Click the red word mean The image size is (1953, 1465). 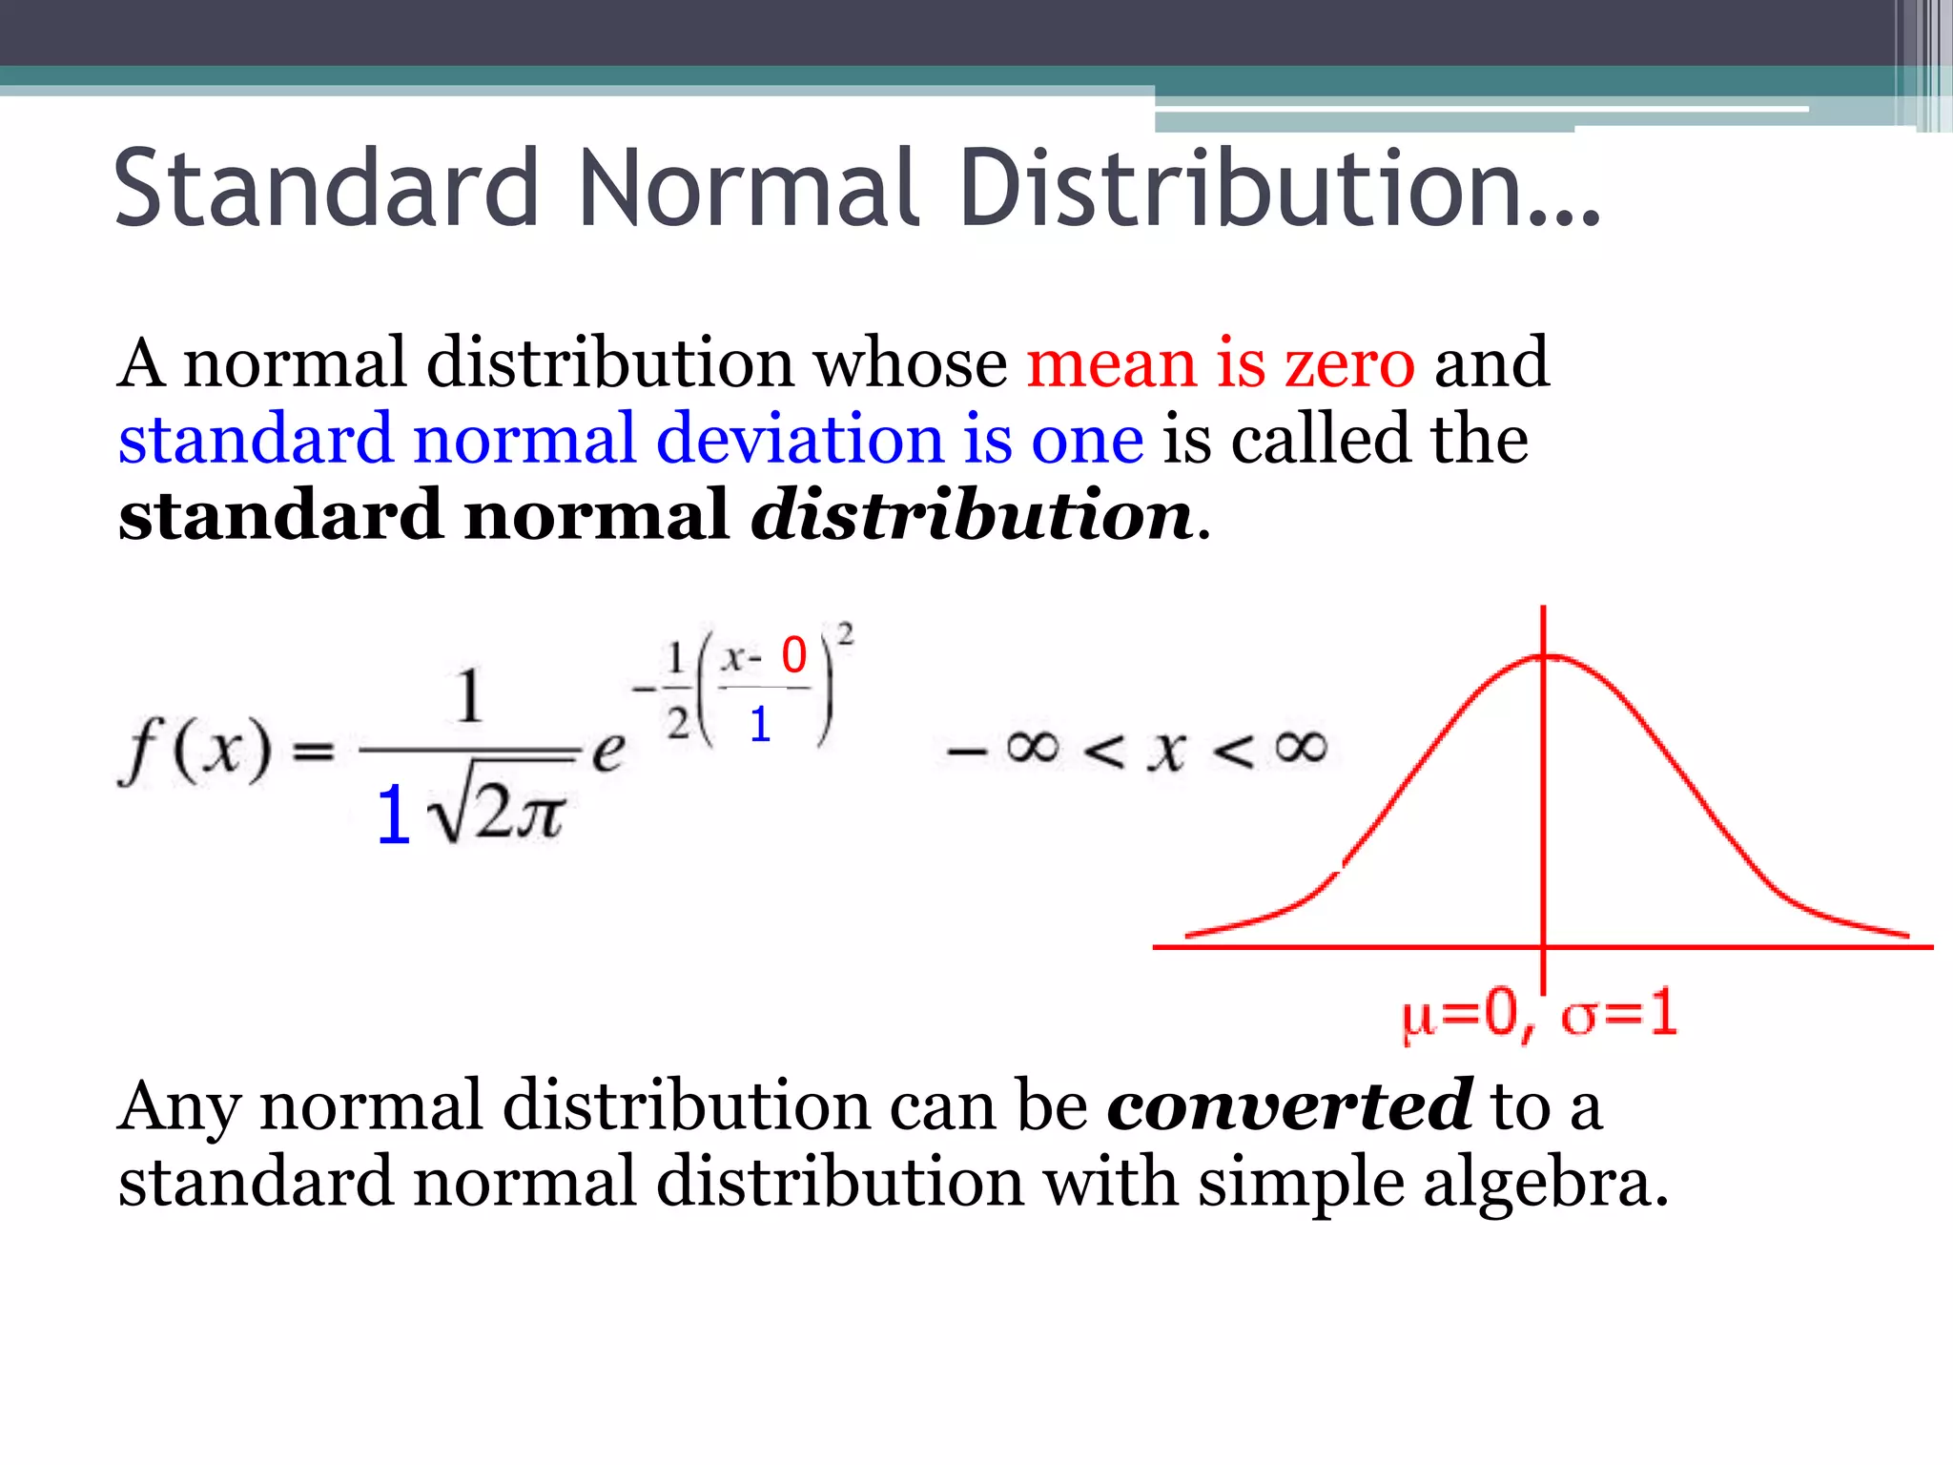1111,363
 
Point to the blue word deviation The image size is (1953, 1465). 800,440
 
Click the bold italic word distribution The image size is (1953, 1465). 973,515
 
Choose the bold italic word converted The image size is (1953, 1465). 1289,1106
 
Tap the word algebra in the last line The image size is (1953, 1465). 1545,1183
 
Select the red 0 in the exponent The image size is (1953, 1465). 793,655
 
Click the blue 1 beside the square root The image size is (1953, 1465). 393,815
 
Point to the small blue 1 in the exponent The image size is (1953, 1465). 759,725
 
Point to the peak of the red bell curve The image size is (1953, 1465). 1544,656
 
